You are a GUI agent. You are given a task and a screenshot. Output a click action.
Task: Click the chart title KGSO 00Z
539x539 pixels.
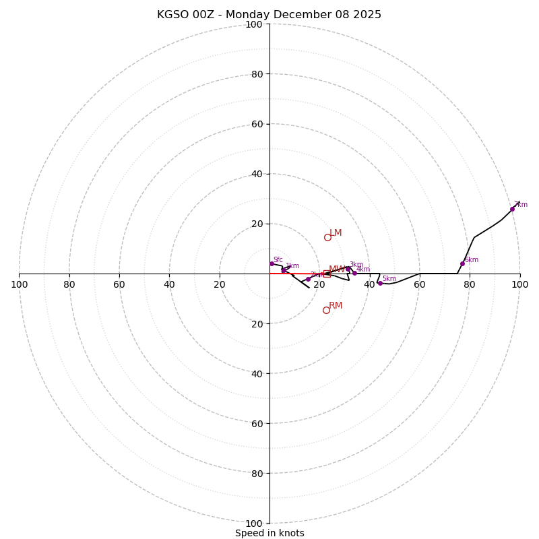pos(269,15)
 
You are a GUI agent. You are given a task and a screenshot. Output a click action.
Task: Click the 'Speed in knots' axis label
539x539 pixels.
pos(269,533)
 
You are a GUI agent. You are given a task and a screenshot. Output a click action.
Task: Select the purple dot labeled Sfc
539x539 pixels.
pos(272,263)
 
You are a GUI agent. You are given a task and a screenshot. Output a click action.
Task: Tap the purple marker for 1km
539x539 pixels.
pos(284,270)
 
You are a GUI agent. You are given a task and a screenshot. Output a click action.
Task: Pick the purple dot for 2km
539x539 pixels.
pos(308,279)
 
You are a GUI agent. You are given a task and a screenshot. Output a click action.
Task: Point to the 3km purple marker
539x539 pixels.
pos(348,269)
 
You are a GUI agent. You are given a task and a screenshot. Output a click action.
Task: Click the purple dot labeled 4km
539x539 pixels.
pos(354,273)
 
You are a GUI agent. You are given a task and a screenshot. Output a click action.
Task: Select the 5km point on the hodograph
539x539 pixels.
pos(380,283)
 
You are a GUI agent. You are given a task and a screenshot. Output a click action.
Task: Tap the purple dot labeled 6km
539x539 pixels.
pos(462,263)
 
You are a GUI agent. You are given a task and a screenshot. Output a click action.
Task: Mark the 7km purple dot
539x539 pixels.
pos(512,209)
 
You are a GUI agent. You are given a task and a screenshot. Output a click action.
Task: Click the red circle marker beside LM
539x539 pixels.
pos(327,237)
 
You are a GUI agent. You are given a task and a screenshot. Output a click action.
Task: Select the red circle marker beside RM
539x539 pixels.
pos(326,310)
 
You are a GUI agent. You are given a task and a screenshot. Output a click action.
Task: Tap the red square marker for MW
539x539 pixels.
pos(326,274)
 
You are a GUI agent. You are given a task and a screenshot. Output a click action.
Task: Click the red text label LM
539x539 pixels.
pos(336,233)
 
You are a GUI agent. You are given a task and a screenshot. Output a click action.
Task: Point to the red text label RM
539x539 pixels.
pos(336,306)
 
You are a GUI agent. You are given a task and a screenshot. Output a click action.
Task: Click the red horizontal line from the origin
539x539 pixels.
pos(296,274)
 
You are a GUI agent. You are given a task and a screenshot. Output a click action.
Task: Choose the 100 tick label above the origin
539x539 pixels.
pos(254,25)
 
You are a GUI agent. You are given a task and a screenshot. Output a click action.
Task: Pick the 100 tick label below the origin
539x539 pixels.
pos(254,524)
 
